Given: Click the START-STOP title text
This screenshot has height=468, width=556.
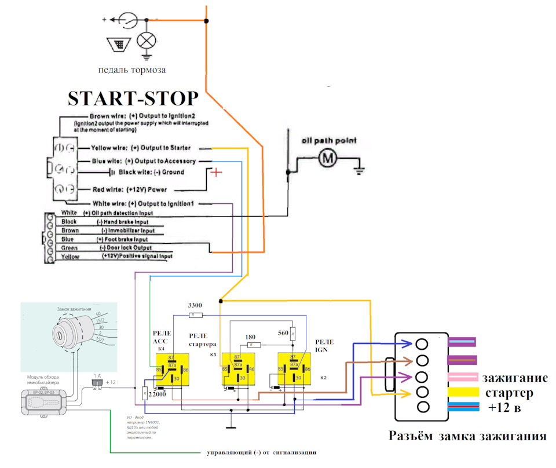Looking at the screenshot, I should pyautogui.click(x=133, y=97).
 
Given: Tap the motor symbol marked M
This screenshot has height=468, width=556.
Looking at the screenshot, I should pyautogui.click(x=327, y=158).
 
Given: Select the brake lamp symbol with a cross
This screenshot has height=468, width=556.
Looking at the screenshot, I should pyautogui.click(x=146, y=39).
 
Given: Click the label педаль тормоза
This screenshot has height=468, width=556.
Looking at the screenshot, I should pyautogui.click(x=132, y=70).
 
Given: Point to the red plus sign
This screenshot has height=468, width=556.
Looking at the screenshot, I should pyautogui.click(x=216, y=173).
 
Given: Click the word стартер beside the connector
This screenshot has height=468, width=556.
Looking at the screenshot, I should pyautogui.click(x=512, y=393).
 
